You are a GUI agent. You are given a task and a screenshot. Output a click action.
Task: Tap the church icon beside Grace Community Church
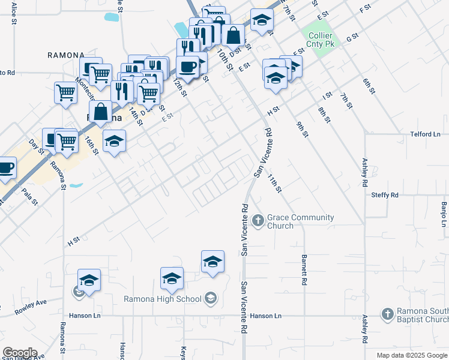point(258,221)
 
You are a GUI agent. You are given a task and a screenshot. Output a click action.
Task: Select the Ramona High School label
point(162,299)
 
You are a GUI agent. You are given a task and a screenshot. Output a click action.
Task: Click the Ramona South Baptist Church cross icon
point(388,314)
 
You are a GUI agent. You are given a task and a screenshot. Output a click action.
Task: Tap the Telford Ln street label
point(425,134)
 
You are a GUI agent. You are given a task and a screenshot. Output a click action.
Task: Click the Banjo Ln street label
point(444,214)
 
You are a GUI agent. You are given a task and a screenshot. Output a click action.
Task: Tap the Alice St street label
point(13,13)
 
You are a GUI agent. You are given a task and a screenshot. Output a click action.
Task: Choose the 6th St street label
point(368,86)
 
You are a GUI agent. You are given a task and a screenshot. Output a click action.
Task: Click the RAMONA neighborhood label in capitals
point(66,55)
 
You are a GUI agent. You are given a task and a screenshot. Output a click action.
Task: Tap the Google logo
point(20,353)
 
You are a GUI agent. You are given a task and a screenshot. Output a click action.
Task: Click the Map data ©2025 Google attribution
point(411,355)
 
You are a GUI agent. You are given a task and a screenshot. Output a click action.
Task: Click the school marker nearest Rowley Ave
point(89,280)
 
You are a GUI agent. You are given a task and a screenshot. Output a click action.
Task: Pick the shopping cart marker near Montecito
point(65,93)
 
